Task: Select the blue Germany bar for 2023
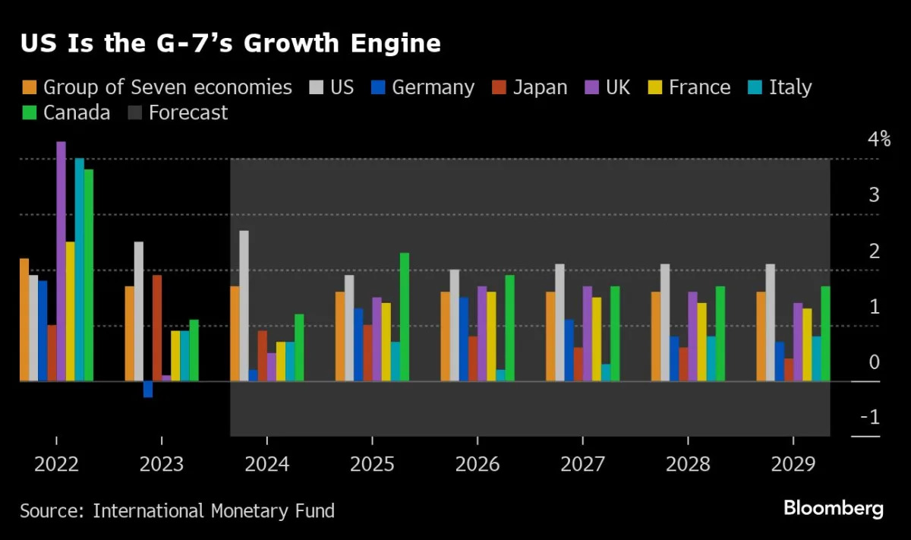coord(148,389)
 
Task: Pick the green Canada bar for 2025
coord(405,317)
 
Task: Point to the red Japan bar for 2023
coord(157,327)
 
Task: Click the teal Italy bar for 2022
coord(79,269)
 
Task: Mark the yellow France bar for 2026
coord(491,336)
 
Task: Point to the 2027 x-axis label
coord(582,464)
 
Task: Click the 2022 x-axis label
coord(56,464)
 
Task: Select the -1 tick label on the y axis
coord(870,417)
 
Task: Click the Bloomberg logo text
coord(833,508)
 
